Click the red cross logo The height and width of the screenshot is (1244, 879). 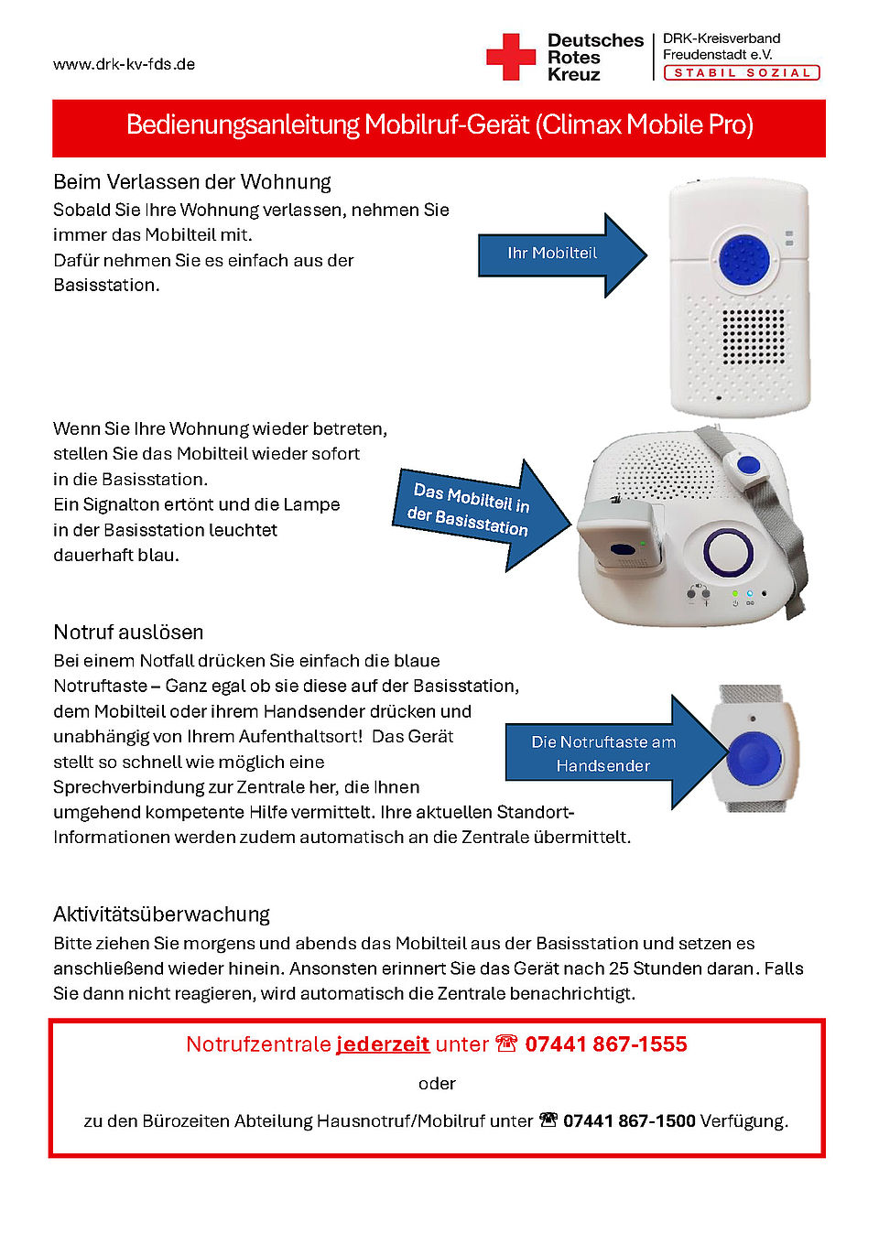coord(510,57)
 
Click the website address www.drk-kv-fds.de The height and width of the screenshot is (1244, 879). coord(124,64)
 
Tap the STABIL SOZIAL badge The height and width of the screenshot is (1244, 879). coord(742,73)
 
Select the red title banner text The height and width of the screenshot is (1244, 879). coord(439,124)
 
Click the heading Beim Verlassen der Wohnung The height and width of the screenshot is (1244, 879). coord(192,182)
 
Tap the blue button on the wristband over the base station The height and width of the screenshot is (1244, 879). coord(749,465)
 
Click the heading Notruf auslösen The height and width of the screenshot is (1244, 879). coord(128,633)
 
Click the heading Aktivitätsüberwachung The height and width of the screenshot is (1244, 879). coord(161,914)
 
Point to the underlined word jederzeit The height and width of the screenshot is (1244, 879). coord(383,1044)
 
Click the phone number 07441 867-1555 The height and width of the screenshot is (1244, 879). coord(606,1044)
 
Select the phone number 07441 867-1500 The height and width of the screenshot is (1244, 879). coord(629,1121)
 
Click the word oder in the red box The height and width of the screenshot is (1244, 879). coord(437,1084)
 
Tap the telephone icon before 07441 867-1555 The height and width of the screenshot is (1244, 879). coord(506,1044)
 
